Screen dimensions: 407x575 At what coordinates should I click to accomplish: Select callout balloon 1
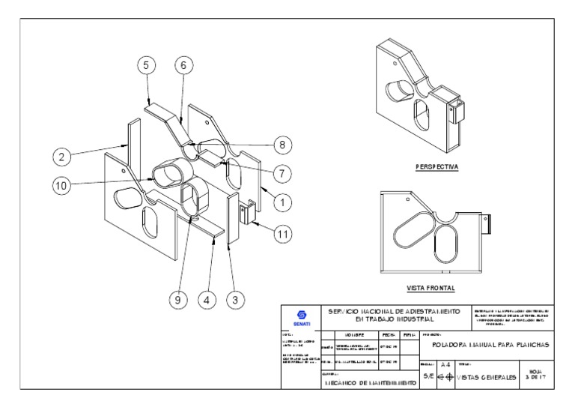tap(282, 202)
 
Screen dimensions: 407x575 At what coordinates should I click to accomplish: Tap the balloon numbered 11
tap(282, 234)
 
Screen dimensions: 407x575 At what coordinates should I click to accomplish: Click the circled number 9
tap(177, 299)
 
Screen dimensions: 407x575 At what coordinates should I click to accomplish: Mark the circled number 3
tap(235, 299)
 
